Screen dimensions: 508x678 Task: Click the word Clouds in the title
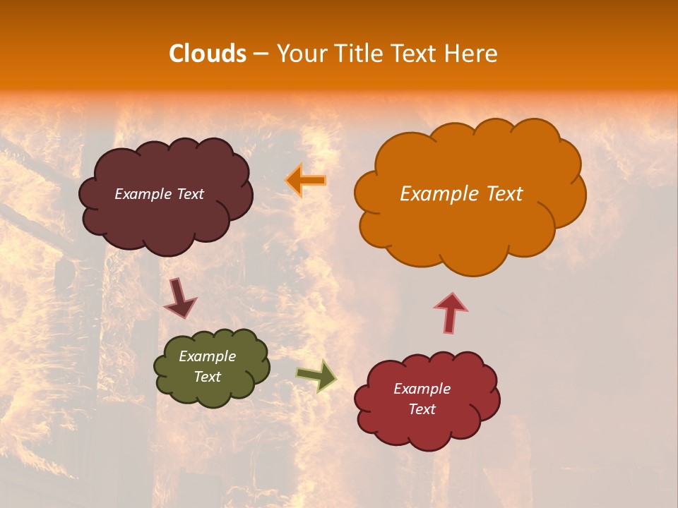click(x=208, y=54)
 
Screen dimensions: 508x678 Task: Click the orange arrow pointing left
click(x=306, y=180)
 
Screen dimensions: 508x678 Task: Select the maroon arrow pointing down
click(x=179, y=298)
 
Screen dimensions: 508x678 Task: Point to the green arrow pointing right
click(x=317, y=375)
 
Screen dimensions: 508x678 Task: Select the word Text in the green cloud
click(x=208, y=377)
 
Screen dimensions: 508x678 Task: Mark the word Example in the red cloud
click(x=422, y=389)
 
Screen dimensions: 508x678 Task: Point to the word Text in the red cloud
click(x=422, y=409)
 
